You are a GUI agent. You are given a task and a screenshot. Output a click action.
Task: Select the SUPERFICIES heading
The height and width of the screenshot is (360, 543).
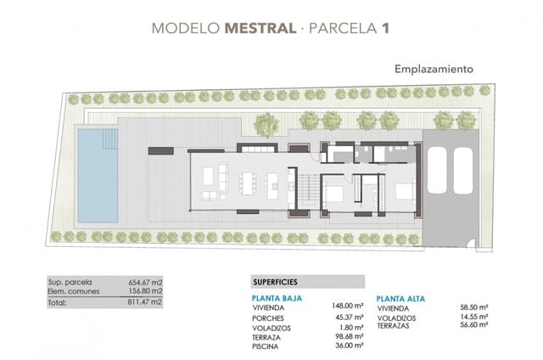(x=282, y=282)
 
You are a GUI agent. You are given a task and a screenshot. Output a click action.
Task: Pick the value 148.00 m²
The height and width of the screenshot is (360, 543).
(x=347, y=308)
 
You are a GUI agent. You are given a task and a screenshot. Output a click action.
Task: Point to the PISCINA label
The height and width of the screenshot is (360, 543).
(x=266, y=346)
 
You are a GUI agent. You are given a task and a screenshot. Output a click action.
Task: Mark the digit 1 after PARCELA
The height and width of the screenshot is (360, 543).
(x=386, y=28)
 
